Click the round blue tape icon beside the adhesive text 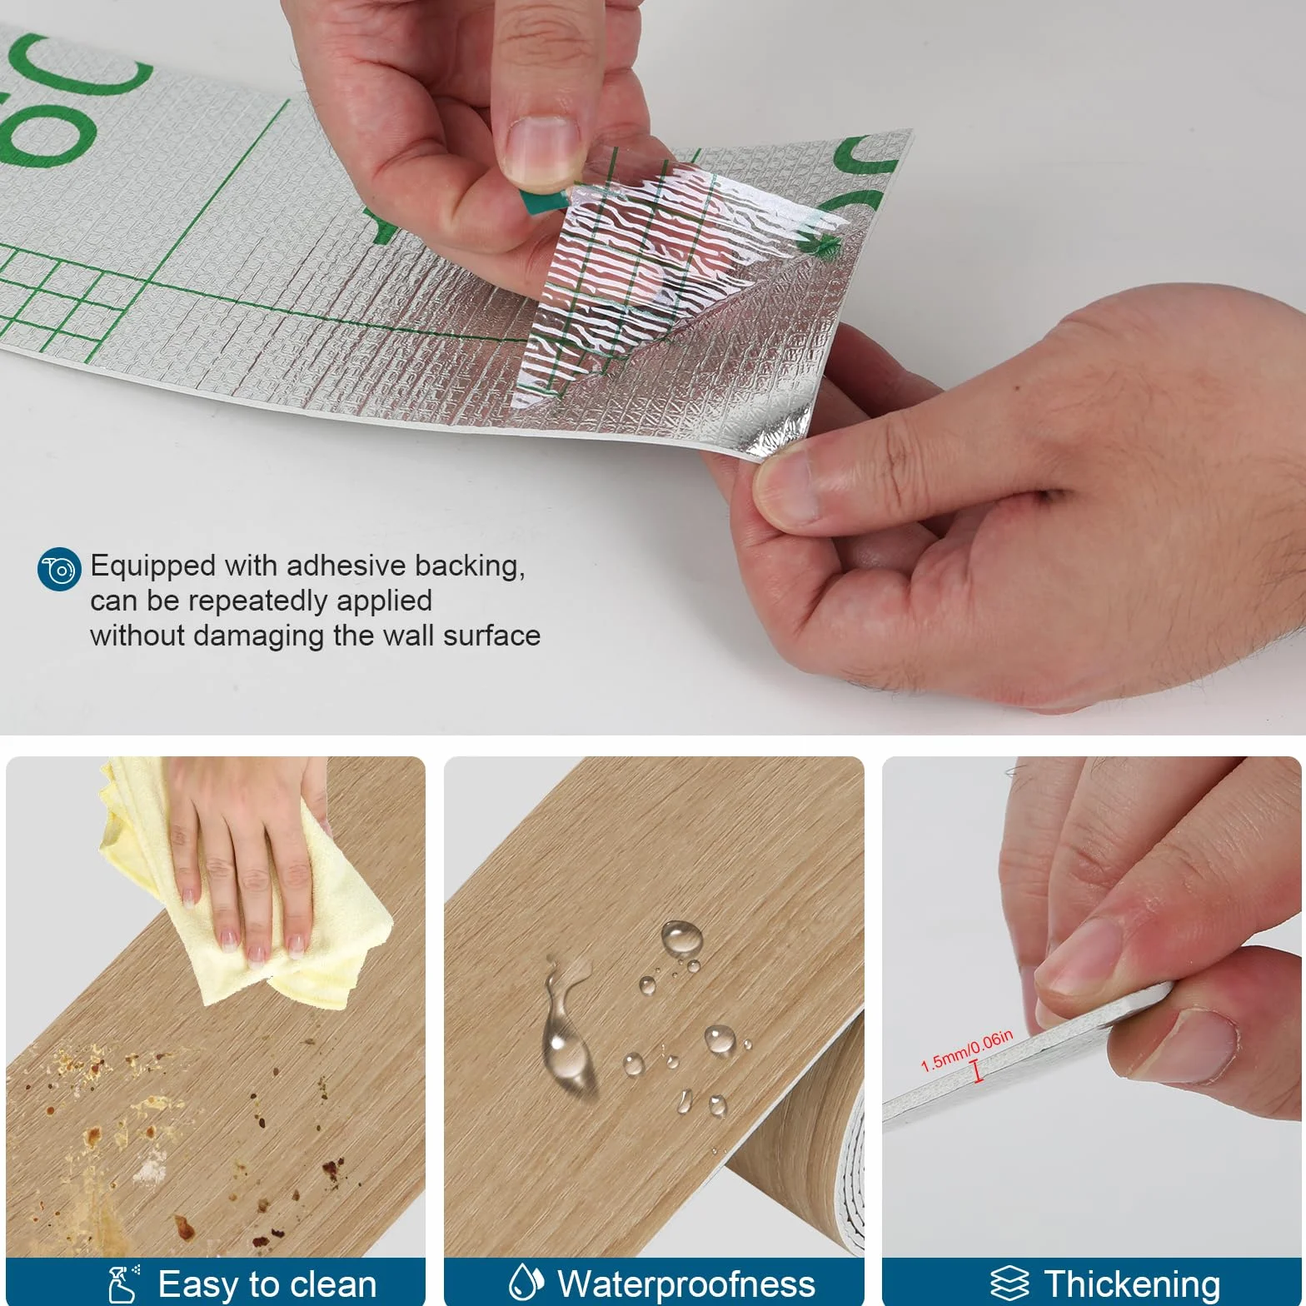tap(60, 570)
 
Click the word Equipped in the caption tap(153, 567)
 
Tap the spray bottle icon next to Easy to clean tap(124, 1284)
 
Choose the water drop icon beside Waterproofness tap(526, 1283)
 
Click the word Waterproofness tap(686, 1284)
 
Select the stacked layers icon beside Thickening tap(1009, 1284)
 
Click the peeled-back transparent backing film tap(666, 275)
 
